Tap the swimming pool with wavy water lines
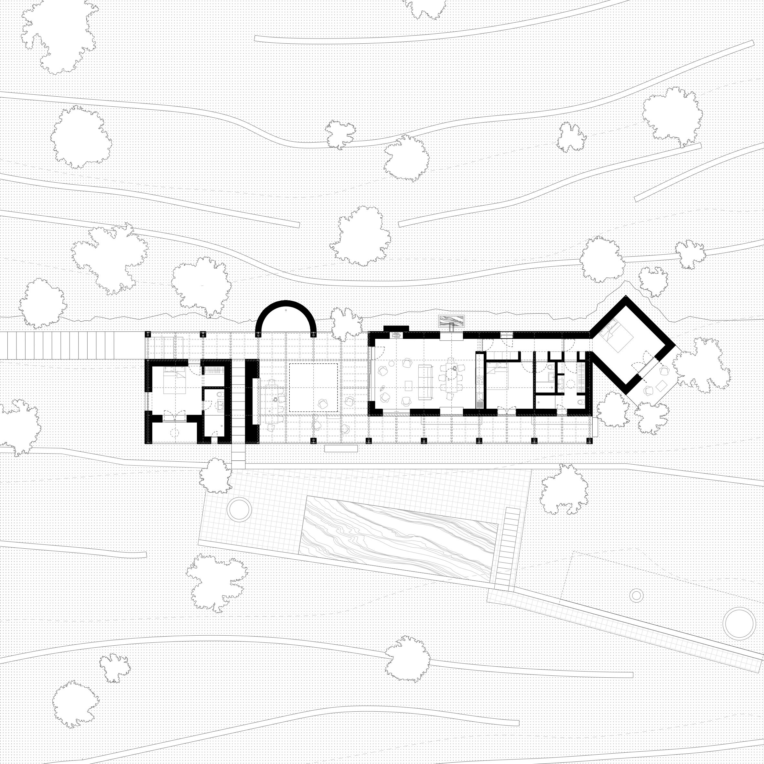click(x=399, y=538)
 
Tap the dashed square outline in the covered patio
click(x=313, y=388)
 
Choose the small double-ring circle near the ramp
click(x=636, y=595)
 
